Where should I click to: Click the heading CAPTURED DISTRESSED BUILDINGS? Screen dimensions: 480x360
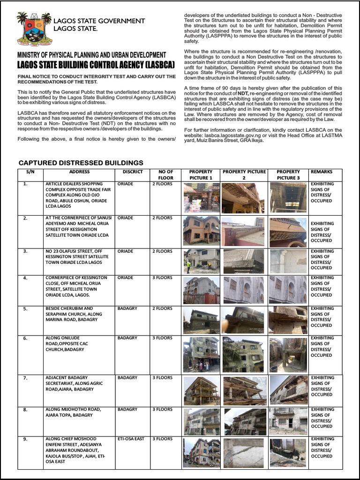click(x=80, y=163)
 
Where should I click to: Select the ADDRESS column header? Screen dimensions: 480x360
click(x=79, y=172)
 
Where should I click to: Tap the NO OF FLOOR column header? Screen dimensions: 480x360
click(x=166, y=175)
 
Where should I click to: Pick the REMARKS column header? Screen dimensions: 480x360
click(x=321, y=172)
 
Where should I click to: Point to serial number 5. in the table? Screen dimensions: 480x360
click(x=25, y=309)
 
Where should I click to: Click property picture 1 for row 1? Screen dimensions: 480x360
click(x=201, y=197)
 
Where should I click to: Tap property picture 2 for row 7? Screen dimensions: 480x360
click(x=244, y=390)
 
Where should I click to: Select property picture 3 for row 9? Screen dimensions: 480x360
click(x=288, y=453)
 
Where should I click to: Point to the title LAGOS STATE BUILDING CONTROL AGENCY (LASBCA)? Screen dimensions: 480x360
click(x=92, y=64)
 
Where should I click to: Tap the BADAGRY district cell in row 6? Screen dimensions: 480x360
click(x=127, y=338)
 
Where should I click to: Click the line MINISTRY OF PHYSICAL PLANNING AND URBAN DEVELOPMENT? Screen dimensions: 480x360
click(x=91, y=55)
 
